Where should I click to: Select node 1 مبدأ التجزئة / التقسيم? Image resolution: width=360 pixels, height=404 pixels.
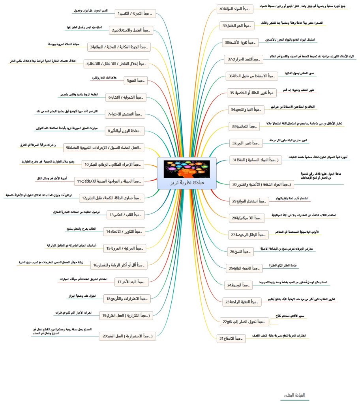coord(135,14)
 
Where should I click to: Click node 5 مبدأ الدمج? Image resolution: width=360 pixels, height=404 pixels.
coord(135,81)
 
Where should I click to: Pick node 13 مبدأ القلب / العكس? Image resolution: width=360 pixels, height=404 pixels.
coord(127,215)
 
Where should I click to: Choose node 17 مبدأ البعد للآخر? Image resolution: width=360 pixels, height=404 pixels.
coord(131,282)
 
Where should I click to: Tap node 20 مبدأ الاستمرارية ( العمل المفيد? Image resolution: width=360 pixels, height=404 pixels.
coord(127,336)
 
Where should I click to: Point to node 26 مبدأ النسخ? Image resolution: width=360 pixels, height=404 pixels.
coord(241,251)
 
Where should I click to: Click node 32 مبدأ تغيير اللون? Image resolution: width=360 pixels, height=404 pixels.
coord(246,143)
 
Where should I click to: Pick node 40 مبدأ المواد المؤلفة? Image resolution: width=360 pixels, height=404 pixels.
coord(235,8)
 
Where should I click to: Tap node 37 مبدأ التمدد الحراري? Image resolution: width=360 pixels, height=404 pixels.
coord(244,59)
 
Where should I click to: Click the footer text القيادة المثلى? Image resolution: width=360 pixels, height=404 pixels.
coord(294,395)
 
